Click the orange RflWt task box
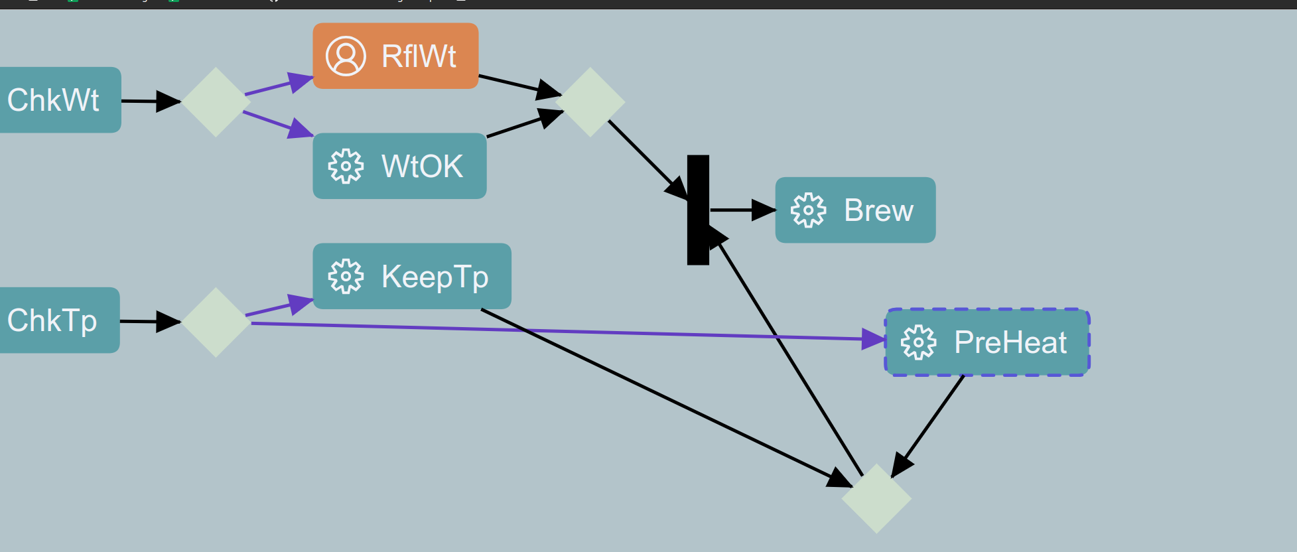[395, 56]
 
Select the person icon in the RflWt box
[346, 56]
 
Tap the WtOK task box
[399, 166]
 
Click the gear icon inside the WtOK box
[346, 166]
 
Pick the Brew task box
[855, 210]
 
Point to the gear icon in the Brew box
[808, 210]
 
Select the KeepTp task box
[411, 276]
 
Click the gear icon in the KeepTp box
[346, 276]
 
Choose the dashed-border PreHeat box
[987, 342]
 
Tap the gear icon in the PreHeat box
[918, 342]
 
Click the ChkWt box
[56, 100]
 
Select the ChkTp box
[56, 320]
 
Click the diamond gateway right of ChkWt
[216, 102]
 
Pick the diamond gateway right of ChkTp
[216, 322]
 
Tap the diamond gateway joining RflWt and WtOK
[590, 102]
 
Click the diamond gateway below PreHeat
[876, 498]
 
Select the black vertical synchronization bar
[698, 210]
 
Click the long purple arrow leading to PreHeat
[564, 331]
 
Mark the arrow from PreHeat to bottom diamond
[929, 425]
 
